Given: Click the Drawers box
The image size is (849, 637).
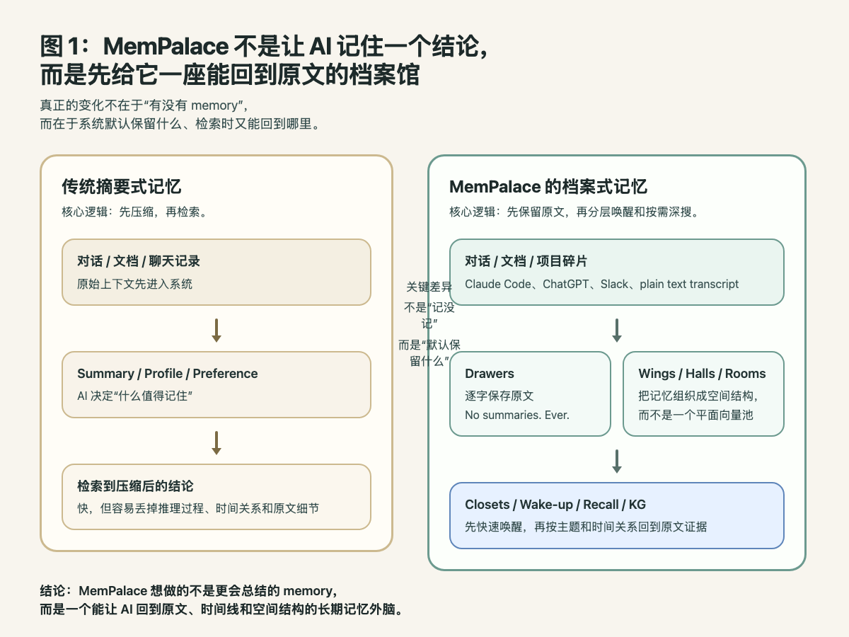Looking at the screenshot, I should coord(530,394).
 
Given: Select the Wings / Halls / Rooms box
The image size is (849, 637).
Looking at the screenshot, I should coord(703,394).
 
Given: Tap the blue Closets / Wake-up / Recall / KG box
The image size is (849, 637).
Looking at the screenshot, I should coord(616,515).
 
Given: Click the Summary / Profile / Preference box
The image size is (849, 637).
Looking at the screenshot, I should coord(216,384).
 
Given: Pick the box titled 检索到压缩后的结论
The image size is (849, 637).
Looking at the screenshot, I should coord(216,496).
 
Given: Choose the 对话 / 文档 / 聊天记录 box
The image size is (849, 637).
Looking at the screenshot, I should coord(216,272).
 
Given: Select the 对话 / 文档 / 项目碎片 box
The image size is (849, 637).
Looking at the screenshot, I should coord(616,272).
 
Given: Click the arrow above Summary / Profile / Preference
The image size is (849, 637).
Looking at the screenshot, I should coord(216,330).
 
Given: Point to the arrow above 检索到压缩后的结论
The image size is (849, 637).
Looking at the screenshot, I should coord(216,442).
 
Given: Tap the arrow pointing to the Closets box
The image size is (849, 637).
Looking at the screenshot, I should coord(617,461).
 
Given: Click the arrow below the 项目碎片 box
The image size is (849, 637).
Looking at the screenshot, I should coord(617,330).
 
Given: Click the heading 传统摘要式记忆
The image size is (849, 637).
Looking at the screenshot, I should coord(121,187).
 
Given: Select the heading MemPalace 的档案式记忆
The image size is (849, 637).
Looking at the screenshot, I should coord(548,187).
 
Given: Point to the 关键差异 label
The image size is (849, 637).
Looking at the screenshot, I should coord(429,287).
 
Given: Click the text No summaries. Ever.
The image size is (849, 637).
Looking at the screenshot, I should coord(517,415).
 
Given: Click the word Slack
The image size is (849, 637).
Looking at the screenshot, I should coord(614,284).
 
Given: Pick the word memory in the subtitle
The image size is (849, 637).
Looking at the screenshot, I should coord(216,106).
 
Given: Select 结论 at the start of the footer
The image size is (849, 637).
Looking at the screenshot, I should coord(54,590).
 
